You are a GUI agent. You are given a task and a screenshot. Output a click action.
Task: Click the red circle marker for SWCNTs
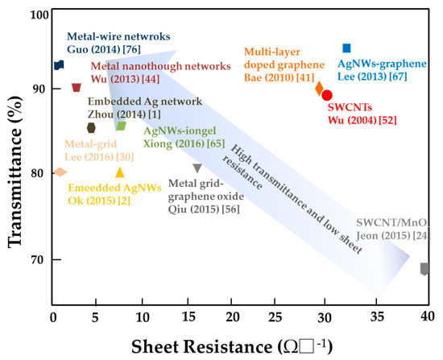tap(327, 96)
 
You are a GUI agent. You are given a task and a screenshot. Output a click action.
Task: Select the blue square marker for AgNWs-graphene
tap(346, 48)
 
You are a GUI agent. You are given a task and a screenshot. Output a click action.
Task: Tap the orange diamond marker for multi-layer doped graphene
tap(319, 89)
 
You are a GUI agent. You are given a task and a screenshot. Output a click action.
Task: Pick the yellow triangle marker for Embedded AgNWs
tap(120, 172)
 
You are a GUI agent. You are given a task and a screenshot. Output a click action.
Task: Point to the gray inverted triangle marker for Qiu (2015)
tap(197, 168)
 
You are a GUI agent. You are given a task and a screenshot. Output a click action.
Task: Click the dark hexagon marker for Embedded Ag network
tap(91, 128)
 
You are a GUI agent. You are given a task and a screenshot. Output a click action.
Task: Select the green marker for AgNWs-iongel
tap(121, 126)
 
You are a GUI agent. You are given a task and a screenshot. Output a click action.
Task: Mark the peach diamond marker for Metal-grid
tap(60, 172)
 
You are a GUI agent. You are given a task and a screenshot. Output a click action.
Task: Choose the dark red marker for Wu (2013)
tap(77, 88)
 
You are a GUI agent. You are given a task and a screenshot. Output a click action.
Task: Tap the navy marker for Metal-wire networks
tap(59, 65)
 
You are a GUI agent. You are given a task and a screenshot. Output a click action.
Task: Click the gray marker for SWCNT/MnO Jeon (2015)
tap(424, 269)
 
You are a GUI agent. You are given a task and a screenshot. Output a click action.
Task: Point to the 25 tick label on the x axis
tap(275, 317)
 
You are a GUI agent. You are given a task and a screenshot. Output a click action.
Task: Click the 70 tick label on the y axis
tap(37, 259)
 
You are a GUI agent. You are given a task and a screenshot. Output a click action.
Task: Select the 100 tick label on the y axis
tap(39, 14)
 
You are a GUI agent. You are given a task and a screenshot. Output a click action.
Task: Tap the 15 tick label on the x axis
tap(188, 317)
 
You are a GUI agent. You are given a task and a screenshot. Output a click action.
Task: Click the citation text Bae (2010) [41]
tap(279, 77)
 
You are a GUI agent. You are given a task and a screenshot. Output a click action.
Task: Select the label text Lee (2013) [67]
tap(372, 77)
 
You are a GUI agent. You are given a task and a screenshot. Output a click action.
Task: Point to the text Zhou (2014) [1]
tap(124, 114)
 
